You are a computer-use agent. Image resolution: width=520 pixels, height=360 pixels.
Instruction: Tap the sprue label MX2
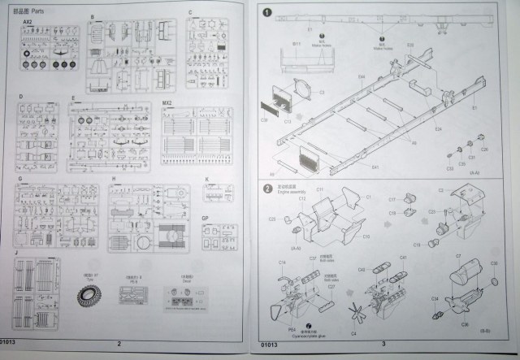[x=167, y=103]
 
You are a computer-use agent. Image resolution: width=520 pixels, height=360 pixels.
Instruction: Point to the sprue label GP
[x=206, y=219]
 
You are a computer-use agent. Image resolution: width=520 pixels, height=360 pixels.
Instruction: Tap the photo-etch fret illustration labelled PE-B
[x=132, y=294]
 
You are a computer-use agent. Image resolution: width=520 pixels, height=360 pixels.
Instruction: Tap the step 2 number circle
[x=267, y=189]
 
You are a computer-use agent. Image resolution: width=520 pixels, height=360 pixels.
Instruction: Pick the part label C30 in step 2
[x=495, y=263]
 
